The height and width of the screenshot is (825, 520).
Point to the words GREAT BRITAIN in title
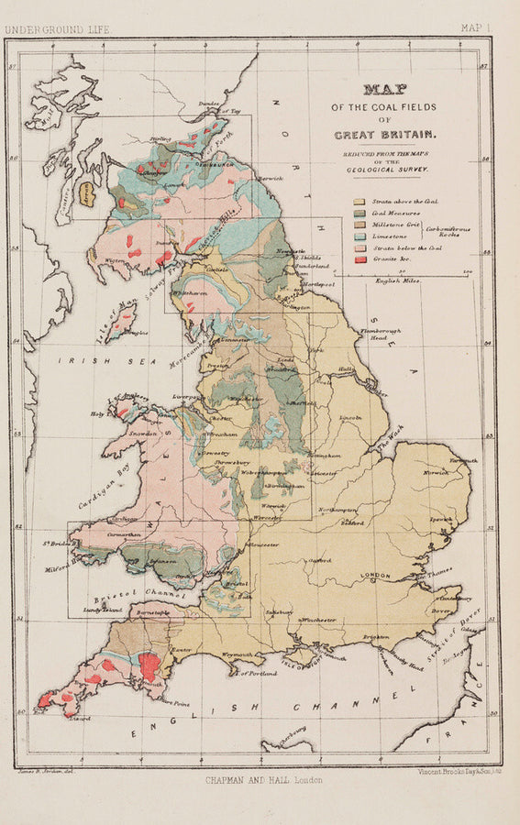[x=385, y=135]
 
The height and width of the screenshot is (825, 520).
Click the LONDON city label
[x=376, y=575]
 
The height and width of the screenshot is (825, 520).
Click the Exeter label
[x=181, y=648]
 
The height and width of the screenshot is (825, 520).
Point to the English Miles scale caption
[x=399, y=280]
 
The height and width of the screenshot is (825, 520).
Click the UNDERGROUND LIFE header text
[x=57, y=29]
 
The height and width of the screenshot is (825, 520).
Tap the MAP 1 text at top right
[x=476, y=28]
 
